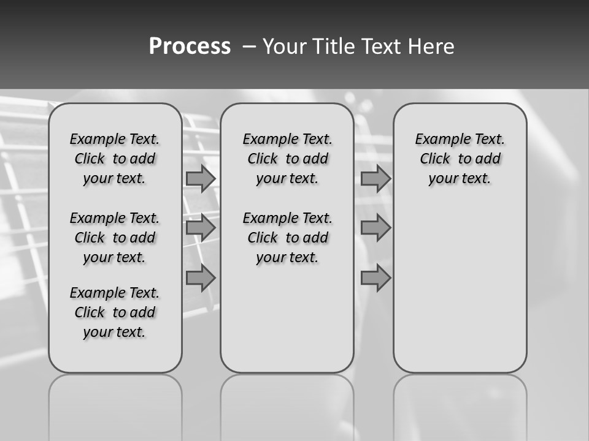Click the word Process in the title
coord(190,47)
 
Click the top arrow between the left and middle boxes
coord(201,178)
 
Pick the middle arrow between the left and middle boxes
coord(201,228)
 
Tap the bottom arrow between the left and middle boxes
coord(201,277)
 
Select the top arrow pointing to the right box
coord(375,178)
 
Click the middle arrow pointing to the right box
coord(375,228)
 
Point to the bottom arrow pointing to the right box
coord(375,277)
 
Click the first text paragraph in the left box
coord(115,159)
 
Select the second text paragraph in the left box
coord(115,238)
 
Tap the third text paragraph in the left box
coord(115,312)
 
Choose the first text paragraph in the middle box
coord(287,159)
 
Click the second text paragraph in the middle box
coord(287,238)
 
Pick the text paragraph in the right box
coord(460,159)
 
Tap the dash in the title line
coord(250,47)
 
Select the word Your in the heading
coord(285,47)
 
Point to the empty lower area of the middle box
coord(287,318)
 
